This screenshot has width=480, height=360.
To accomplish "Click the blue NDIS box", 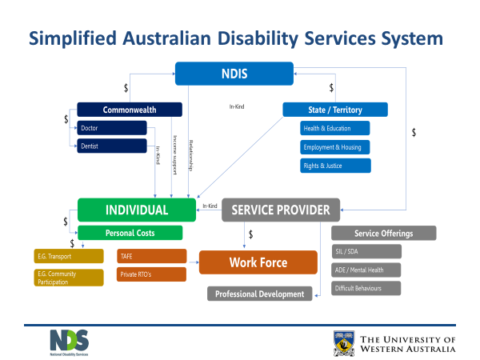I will coord(234,74).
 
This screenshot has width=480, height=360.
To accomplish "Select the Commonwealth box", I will coord(130,110).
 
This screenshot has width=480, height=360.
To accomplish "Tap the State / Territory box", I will coord(335,110).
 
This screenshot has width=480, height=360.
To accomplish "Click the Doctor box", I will coord(112,128).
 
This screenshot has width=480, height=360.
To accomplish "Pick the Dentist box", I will coord(112,146).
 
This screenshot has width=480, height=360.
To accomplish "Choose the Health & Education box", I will coord(335,128).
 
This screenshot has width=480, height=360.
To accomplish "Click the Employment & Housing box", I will coord(335,147).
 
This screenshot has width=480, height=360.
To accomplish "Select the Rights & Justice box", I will coord(335,166).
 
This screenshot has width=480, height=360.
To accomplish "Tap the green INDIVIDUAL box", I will coord(136,210).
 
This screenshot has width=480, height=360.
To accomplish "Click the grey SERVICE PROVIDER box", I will coord(281,210).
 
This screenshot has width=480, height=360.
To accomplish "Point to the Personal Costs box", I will coord(130,233).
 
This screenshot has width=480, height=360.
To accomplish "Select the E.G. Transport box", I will coord(69,256).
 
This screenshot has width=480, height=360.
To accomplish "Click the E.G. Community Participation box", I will coord(69,278).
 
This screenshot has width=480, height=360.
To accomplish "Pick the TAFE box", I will coord(151,256).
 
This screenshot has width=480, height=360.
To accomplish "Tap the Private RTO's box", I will coord(151,274).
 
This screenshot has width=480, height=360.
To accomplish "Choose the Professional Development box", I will coord(260,294).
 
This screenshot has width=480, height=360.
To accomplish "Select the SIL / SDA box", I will coord(366,252).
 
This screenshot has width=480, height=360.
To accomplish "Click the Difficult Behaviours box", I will coord(366,288).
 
